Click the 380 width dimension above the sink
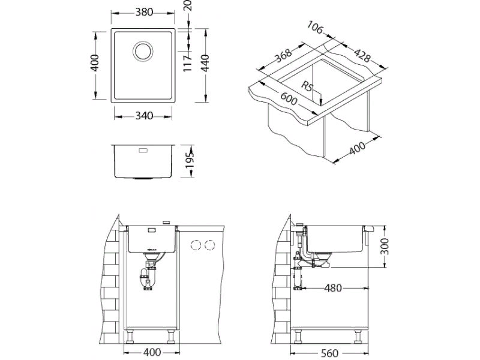pyautogui.click(x=144, y=12)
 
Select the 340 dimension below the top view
pyautogui.click(x=144, y=116)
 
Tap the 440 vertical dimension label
pyautogui.click(x=205, y=63)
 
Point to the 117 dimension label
pyautogui.click(x=187, y=62)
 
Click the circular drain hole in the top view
pyautogui.click(x=143, y=51)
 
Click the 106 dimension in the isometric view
pyautogui.click(x=315, y=27)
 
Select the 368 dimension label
pyautogui.click(x=283, y=55)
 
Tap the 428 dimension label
pyautogui.click(x=362, y=55)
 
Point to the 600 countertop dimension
pyautogui.click(x=288, y=98)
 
